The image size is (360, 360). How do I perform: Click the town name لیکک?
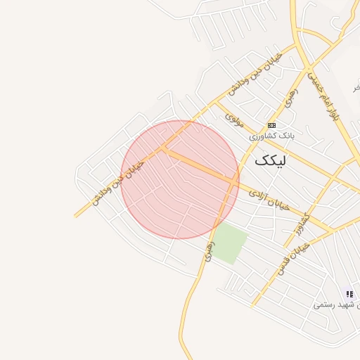(271, 160)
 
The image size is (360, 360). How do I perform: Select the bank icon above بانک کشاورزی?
(271, 124)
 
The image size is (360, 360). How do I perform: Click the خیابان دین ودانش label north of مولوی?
(255, 74)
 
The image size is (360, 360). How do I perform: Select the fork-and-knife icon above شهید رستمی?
(349, 294)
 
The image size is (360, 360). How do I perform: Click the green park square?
(229, 244)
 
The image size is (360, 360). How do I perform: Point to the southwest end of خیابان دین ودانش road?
(76, 215)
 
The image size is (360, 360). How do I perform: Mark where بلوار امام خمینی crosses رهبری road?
(307, 72)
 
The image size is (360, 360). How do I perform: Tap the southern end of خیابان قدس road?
(253, 306)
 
